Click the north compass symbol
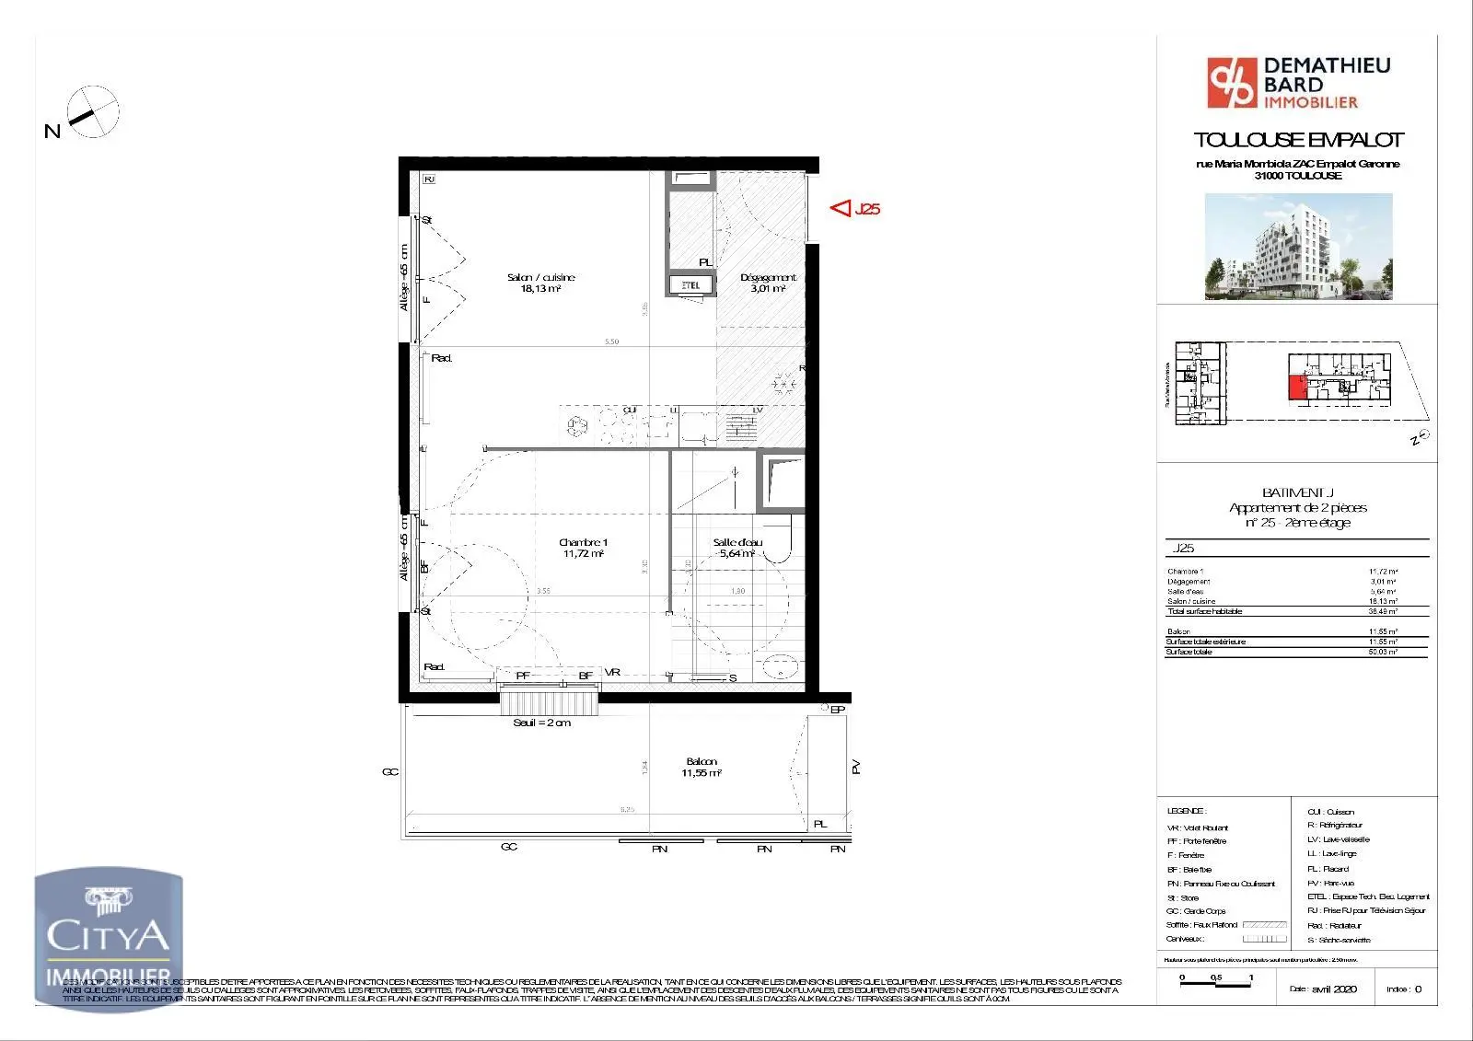click(93, 112)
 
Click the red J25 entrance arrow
click(841, 209)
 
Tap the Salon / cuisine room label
click(540, 283)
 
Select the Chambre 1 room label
click(583, 548)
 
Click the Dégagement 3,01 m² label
click(768, 283)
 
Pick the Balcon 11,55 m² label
click(702, 767)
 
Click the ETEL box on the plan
click(690, 285)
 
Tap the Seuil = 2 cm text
click(541, 723)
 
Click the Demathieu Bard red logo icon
click(1231, 83)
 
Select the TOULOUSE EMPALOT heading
click(1297, 140)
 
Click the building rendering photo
click(1298, 246)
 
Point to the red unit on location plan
click(1296, 387)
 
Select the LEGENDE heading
click(1186, 811)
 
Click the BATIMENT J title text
click(1297, 492)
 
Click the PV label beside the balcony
click(855, 766)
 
